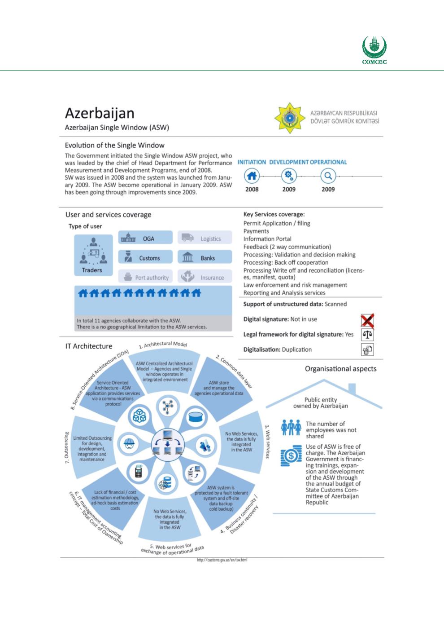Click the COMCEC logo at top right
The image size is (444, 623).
(374, 50)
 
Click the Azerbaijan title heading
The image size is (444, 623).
(99, 113)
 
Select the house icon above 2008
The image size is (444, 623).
(252, 176)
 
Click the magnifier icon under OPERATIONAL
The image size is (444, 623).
(328, 176)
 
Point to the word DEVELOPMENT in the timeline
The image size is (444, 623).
(288, 162)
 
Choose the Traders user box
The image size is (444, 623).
(92, 256)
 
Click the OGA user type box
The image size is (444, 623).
(145, 238)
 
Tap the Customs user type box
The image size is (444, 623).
(145, 257)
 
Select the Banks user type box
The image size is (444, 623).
(205, 257)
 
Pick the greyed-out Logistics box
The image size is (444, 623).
(205, 238)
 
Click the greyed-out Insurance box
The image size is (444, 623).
(205, 277)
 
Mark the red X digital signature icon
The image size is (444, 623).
(367, 320)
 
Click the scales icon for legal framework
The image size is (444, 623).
(367, 335)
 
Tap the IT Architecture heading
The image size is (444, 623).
(89, 346)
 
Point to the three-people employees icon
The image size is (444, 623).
(291, 427)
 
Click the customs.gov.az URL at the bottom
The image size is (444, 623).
(222, 560)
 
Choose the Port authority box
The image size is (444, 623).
(145, 277)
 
